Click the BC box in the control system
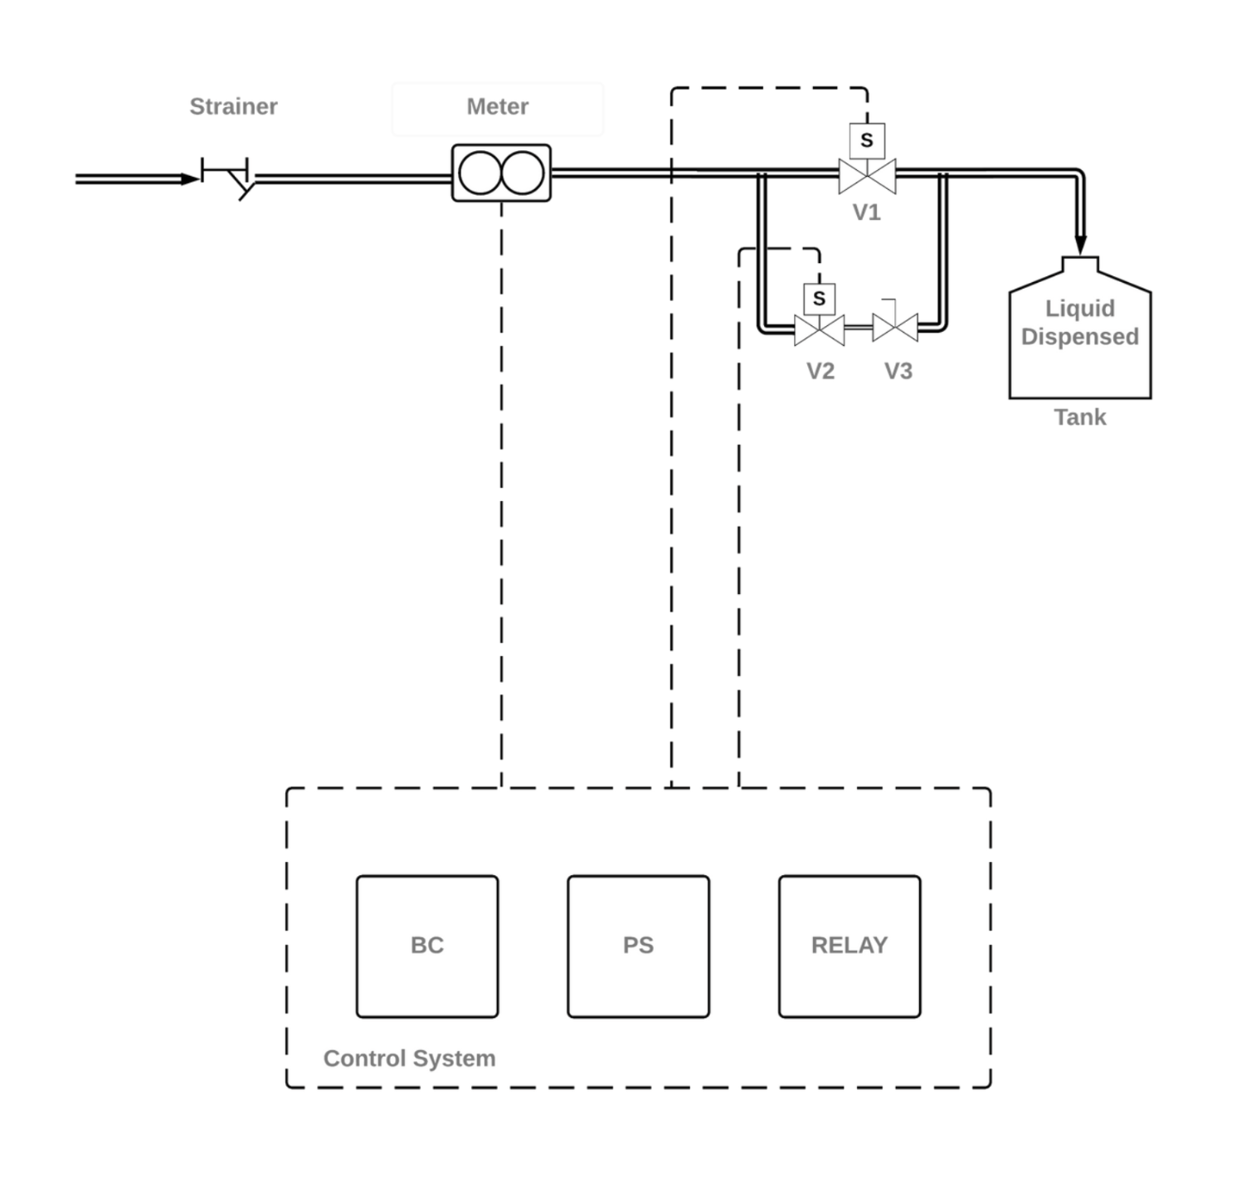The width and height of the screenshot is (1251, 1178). (x=427, y=946)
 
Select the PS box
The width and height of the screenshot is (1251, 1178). (x=638, y=946)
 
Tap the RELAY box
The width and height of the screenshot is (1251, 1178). (x=849, y=946)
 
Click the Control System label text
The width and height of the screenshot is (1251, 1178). (x=409, y=1059)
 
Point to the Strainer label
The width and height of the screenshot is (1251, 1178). (x=233, y=106)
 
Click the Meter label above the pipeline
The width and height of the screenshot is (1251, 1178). (x=498, y=106)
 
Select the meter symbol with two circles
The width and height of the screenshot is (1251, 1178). (x=501, y=173)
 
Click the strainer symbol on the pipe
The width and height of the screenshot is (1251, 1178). (x=232, y=177)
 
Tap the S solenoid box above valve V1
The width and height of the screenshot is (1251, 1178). (x=867, y=140)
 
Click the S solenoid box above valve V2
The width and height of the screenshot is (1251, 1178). (x=820, y=299)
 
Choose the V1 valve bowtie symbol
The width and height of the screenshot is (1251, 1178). (x=867, y=176)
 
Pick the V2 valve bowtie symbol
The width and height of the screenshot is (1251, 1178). (x=820, y=329)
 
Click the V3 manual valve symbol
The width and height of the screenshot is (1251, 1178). (x=895, y=327)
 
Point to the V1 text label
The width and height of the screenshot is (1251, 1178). (x=867, y=212)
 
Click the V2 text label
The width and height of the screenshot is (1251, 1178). (x=820, y=371)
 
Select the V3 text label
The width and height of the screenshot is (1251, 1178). (x=898, y=371)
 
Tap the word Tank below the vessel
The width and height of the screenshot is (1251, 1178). (x=1080, y=416)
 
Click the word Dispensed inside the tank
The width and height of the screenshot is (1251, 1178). (x=1080, y=336)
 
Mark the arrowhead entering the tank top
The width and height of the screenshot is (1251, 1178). (x=1080, y=244)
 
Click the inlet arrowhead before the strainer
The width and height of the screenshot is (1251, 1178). (x=191, y=178)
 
